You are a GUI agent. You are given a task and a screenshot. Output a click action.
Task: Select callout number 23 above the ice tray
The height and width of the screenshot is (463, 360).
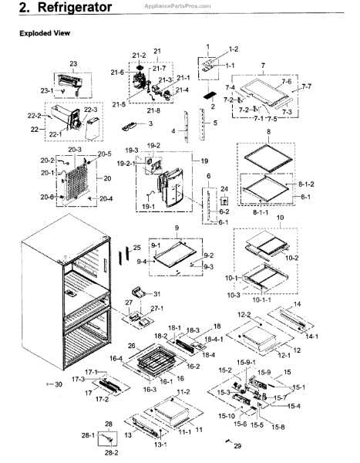pos(74,63)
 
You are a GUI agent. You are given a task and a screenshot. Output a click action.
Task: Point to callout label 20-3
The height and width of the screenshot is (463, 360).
pos(75,149)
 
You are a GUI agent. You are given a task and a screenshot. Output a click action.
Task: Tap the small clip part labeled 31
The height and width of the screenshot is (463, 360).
pos(138,291)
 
